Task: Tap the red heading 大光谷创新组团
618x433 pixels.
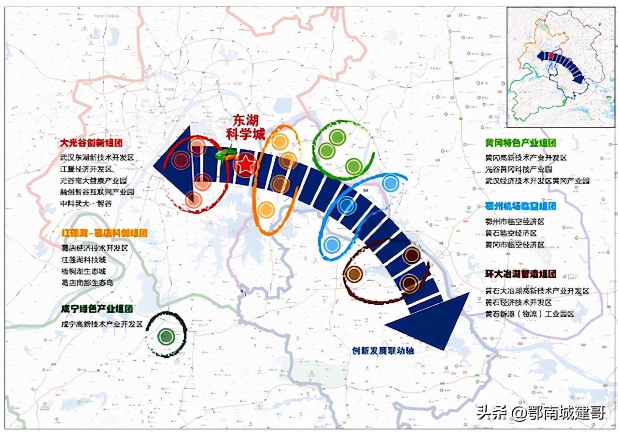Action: [x=91, y=143]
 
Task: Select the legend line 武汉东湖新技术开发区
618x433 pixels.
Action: [x=97, y=158]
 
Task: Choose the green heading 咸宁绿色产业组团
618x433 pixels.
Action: [x=97, y=309]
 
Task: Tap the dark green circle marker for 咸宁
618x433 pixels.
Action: [x=166, y=336]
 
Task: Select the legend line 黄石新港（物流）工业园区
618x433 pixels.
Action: [x=529, y=314]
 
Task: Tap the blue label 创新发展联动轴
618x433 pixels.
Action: [x=382, y=351]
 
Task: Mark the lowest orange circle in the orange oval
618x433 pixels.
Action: [x=266, y=210]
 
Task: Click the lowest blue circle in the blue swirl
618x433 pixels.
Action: [x=332, y=245]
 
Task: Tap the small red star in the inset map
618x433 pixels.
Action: [x=550, y=56]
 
